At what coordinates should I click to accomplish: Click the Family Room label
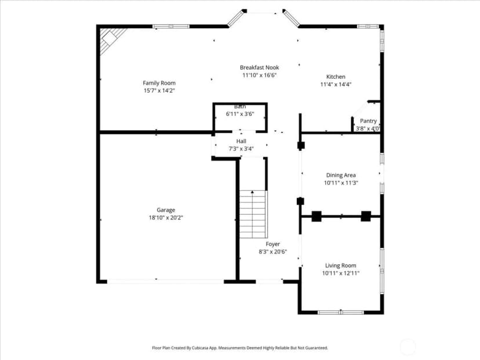click(x=159, y=83)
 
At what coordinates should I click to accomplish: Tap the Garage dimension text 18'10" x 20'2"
click(x=166, y=217)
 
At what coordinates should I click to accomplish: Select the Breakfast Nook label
click(x=260, y=67)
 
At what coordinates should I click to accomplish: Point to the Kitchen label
click(x=336, y=77)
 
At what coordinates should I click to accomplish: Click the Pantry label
click(x=368, y=121)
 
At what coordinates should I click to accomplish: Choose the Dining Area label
click(x=341, y=175)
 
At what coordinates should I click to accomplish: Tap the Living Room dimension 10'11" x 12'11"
click(x=341, y=273)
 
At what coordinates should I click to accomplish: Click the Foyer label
click(x=273, y=244)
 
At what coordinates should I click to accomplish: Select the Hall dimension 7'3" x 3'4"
click(x=241, y=149)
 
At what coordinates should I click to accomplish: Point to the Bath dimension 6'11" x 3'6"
click(x=240, y=114)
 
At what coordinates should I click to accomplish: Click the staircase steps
click(x=253, y=214)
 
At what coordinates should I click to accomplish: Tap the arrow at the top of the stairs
click(x=253, y=192)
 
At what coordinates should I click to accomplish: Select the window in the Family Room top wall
click(x=171, y=26)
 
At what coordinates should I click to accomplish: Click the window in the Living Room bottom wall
click(x=341, y=312)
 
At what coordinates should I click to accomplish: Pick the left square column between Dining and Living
click(x=317, y=216)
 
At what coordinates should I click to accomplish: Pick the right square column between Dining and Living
click(x=366, y=216)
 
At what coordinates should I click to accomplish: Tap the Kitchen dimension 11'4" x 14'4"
click(x=336, y=85)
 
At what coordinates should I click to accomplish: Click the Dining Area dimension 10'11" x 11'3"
click(x=341, y=183)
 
